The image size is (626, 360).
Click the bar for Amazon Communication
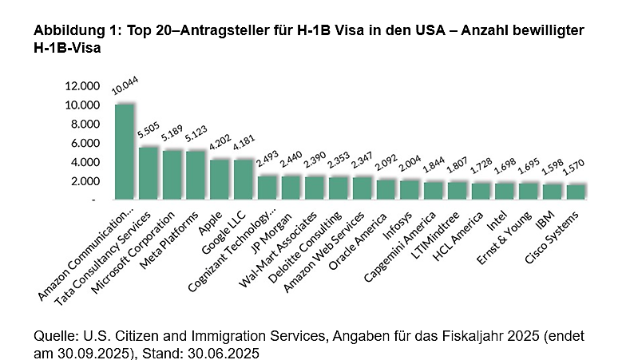[124, 152]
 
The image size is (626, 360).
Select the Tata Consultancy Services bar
[149, 172]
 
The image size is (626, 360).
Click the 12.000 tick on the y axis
[84, 86]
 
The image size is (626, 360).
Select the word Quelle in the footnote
[56, 335]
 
